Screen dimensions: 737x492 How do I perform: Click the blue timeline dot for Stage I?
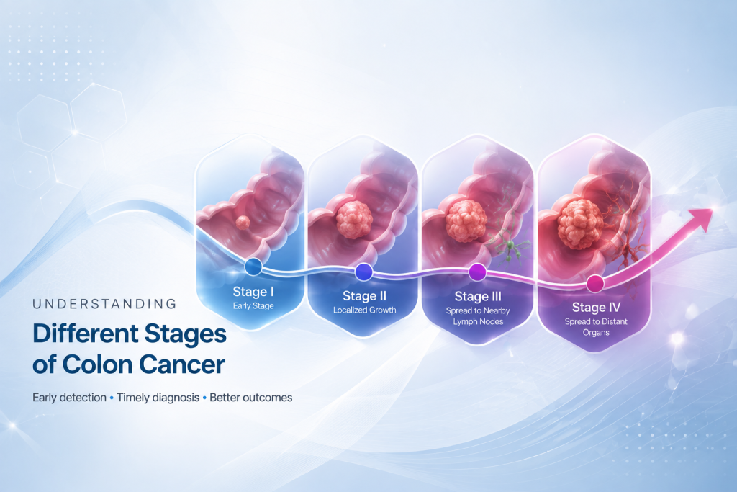(x=253, y=267)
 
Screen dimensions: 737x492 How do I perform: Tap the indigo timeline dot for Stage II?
(x=363, y=272)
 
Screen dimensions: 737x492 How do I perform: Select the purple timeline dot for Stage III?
(x=478, y=272)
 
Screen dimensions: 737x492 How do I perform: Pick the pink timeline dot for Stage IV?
(x=595, y=284)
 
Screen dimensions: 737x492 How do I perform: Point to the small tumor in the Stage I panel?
(x=243, y=223)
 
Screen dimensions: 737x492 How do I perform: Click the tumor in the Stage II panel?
(x=354, y=219)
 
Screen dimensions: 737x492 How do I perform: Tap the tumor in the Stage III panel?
(x=466, y=220)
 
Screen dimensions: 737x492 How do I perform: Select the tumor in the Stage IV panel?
(x=580, y=224)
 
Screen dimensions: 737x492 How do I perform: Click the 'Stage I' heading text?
(x=253, y=292)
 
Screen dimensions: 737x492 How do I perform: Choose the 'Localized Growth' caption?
(x=365, y=310)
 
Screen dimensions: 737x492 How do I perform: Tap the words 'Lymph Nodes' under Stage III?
(x=478, y=322)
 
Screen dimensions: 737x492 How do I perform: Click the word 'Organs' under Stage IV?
(x=596, y=333)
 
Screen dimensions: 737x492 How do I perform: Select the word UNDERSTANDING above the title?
(x=104, y=304)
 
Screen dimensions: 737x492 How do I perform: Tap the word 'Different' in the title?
(x=86, y=334)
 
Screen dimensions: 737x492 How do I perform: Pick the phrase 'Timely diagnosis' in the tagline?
(x=158, y=398)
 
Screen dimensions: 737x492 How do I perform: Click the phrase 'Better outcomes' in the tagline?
(x=251, y=398)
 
